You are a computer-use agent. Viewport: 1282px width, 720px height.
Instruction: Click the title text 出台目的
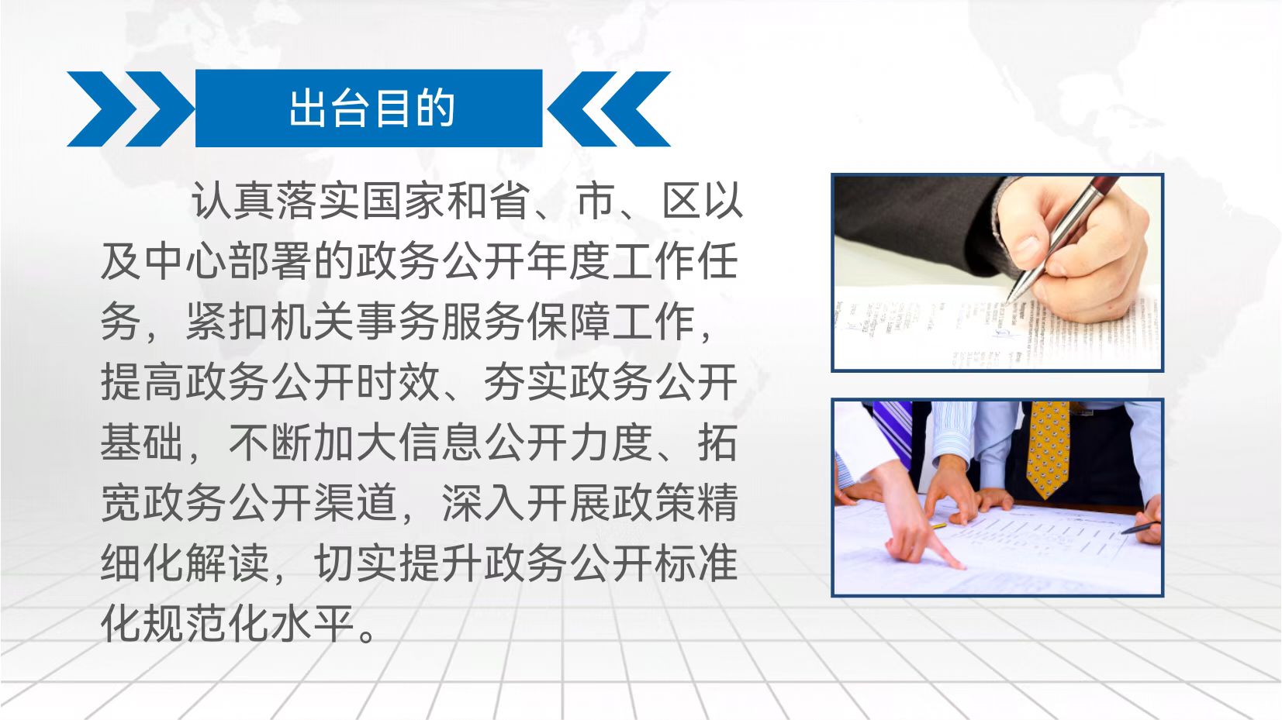(372, 108)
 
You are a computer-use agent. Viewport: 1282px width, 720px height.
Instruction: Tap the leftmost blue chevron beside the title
(102, 109)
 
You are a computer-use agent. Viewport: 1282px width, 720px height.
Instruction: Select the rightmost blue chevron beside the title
(635, 109)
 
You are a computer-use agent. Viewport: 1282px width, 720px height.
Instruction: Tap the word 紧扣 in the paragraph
(228, 322)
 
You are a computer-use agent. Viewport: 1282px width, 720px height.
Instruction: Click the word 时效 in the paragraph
(399, 382)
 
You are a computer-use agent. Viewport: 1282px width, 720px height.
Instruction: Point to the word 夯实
(526, 382)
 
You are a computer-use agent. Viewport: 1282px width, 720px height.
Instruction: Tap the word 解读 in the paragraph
(228, 564)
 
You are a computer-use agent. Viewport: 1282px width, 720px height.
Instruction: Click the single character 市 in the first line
(596, 201)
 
